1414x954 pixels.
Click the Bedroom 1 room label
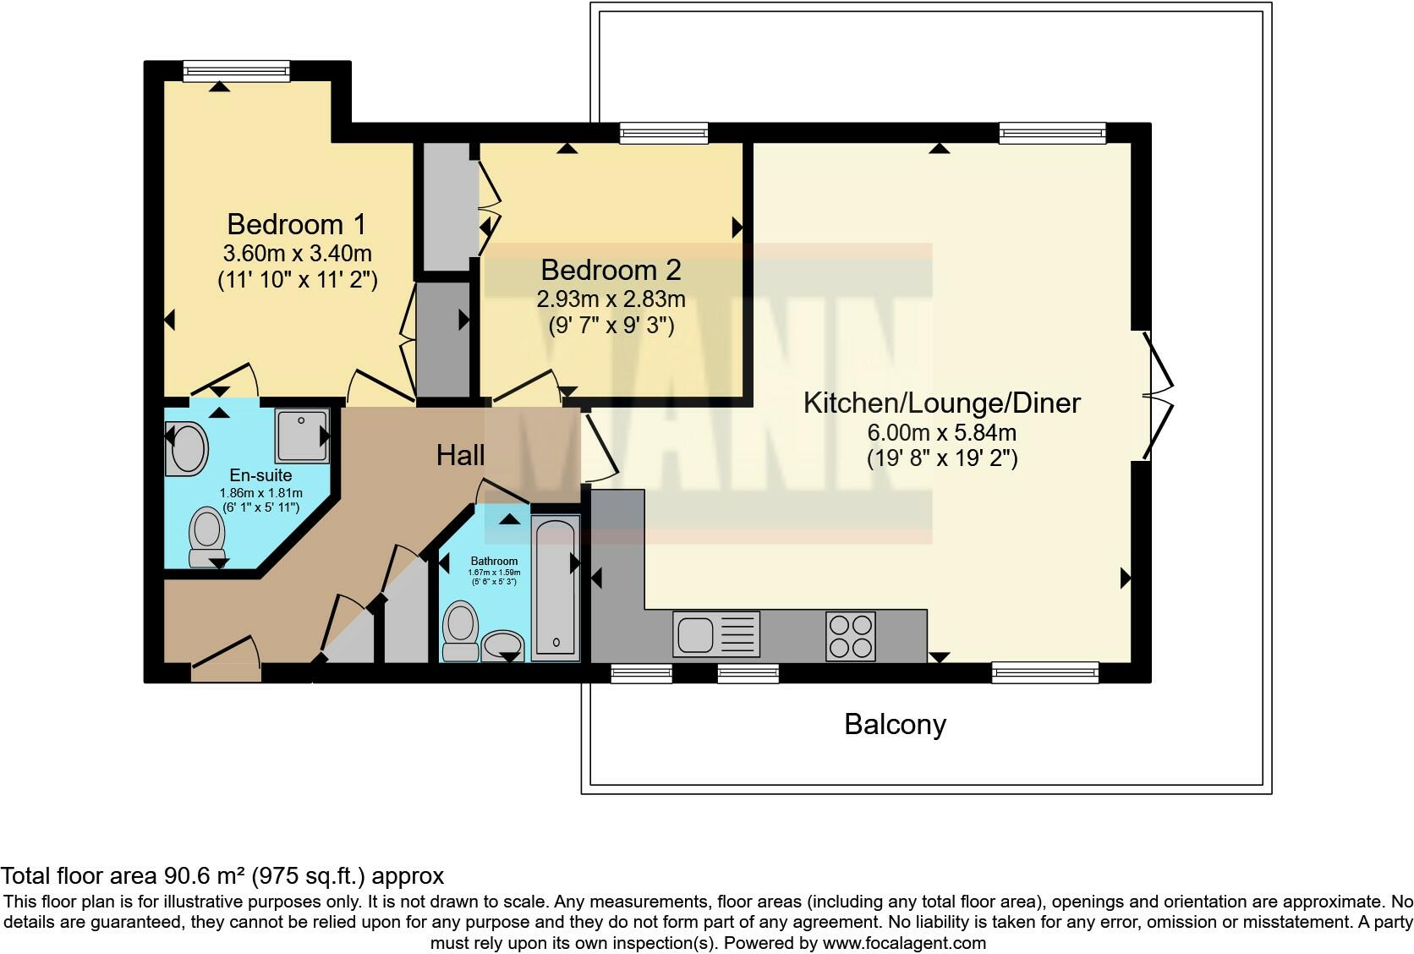(x=296, y=224)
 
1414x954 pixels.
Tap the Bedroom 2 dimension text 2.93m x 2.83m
(x=611, y=299)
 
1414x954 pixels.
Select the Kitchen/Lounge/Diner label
(x=941, y=403)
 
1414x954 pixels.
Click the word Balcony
(x=895, y=725)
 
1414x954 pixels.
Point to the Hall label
(x=460, y=456)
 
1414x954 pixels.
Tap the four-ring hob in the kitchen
(x=850, y=635)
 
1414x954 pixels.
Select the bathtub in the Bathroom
(x=556, y=588)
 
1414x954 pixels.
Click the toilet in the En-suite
(x=206, y=536)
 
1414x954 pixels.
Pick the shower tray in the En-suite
(x=301, y=436)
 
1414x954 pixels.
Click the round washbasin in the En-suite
(x=188, y=448)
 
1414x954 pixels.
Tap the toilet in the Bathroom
(x=460, y=630)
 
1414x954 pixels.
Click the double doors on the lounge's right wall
(x=1157, y=395)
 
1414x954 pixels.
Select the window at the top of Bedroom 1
(x=236, y=71)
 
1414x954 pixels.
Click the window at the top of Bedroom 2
(x=663, y=132)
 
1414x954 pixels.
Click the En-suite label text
(x=260, y=475)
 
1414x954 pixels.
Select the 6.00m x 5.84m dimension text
(x=941, y=432)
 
